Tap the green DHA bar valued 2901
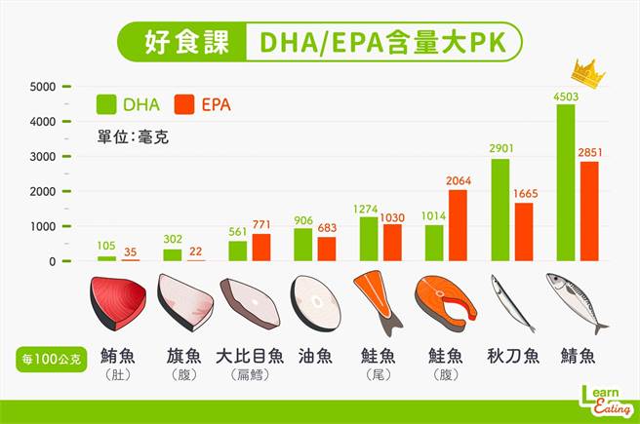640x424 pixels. (x=500, y=210)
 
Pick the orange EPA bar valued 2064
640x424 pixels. (x=458, y=225)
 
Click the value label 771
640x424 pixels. (x=260, y=224)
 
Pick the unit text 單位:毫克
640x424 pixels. (x=133, y=137)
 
